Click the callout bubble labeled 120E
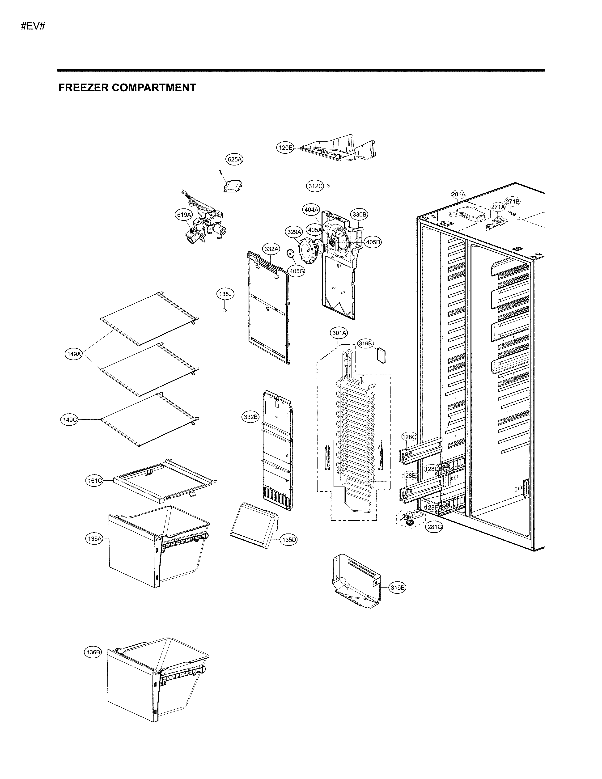pyautogui.click(x=285, y=147)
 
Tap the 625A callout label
pyautogui.click(x=234, y=159)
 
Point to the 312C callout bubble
pyautogui.click(x=315, y=186)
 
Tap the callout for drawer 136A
pyautogui.click(x=94, y=539)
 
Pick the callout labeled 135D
pyautogui.click(x=289, y=540)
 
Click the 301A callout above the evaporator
pyautogui.click(x=339, y=333)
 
